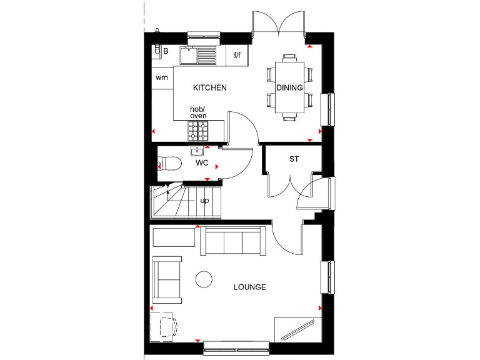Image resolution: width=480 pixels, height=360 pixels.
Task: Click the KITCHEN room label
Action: tap(209, 88)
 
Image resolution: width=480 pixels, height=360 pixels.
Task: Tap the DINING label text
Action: tap(289, 88)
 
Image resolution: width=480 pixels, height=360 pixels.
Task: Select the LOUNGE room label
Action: tap(250, 287)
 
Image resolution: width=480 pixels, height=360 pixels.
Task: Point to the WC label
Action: tap(202, 163)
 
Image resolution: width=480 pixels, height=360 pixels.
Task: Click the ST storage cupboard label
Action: tap(294, 159)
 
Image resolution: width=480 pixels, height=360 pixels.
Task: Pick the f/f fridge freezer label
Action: tap(237, 56)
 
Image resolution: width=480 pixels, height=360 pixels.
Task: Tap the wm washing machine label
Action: tap(162, 78)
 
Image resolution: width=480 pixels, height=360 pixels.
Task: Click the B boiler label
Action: tap(166, 51)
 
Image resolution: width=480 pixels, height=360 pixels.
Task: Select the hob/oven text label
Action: tap(197, 112)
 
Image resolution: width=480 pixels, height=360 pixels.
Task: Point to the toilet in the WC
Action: tap(169, 164)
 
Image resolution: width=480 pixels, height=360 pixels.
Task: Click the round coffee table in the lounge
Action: tap(204, 279)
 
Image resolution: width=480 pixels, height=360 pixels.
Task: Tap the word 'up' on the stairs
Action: tap(204, 201)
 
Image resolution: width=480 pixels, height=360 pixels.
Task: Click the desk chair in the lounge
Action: tap(166, 326)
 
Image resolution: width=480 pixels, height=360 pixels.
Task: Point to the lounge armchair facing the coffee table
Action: tap(167, 279)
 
